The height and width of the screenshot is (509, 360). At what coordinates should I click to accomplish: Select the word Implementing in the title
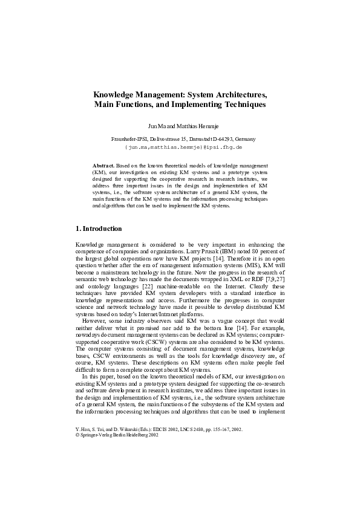point(203,105)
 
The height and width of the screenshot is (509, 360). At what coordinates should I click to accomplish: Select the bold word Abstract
point(103,165)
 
